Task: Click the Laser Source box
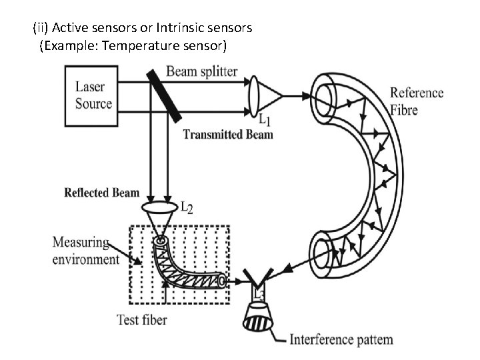(93, 95)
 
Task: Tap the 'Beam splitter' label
(201, 71)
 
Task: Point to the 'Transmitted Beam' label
(228, 135)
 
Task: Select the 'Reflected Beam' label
(101, 193)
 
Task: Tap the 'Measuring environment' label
(85, 250)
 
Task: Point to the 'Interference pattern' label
(341, 339)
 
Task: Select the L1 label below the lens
(265, 120)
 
